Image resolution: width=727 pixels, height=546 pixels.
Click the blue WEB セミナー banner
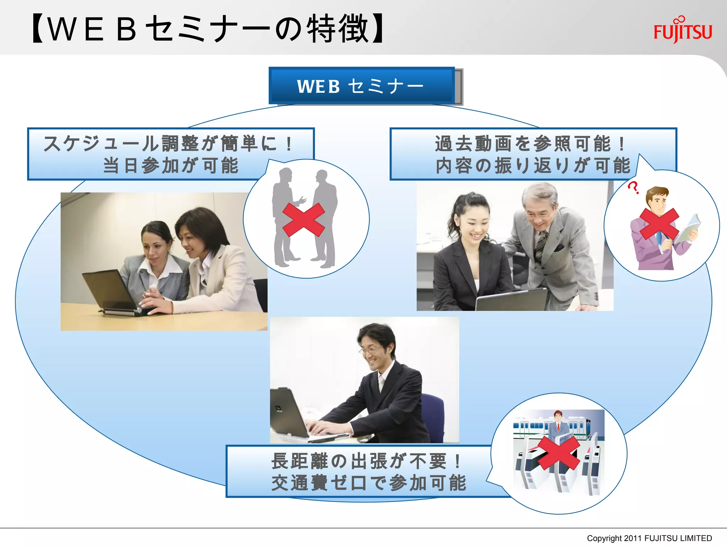[x=361, y=86]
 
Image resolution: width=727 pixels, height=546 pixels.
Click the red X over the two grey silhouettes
[x=304, y=219]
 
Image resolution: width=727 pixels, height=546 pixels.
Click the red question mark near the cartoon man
[x=633, y=187]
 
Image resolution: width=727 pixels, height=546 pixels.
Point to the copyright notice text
[x=649, y=538]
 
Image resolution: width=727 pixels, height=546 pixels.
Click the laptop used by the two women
[x=110, y=291]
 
